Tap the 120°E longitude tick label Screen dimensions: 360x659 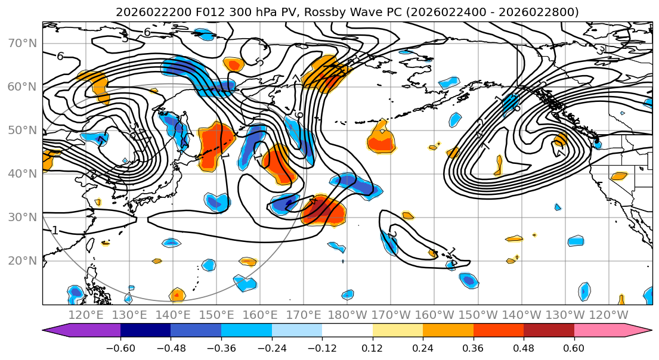[x=86, y=315]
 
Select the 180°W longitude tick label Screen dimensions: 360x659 [x=347, y=315]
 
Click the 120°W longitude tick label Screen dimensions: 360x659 [x=608, y=315]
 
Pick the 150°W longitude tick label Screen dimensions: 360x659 [x=478, y=315]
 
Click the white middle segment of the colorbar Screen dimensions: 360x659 [x=347, y=330]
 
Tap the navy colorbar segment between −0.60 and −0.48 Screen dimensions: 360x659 [x=146, y=330]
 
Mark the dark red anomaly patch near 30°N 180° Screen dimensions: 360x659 [x=324, y=211]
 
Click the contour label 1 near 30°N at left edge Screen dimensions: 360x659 [x=54, y=230]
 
